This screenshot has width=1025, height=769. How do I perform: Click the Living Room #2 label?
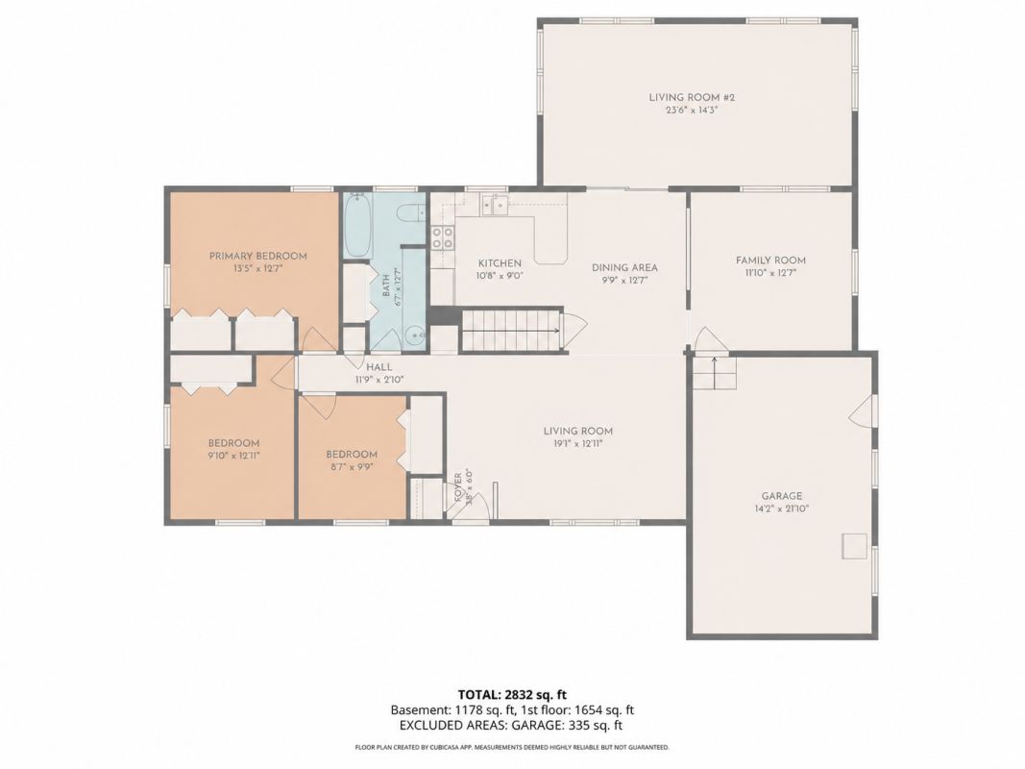click(692, 97)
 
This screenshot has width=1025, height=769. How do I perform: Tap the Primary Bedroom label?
click(257, 256)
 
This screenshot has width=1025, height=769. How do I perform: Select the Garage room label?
click(781, 496)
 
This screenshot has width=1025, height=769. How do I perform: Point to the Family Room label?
click(770, 260)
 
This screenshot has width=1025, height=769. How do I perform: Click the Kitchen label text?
click(500, 262)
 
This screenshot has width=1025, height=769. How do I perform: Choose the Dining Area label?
click(624, 267)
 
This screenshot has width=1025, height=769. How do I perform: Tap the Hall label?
click(379, 367)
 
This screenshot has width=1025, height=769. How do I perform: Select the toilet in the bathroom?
click(412, 213)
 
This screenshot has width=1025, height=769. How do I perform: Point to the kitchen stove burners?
click(443, 237)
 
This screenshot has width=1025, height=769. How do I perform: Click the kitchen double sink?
click(494, 206)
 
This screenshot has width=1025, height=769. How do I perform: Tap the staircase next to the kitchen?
click(512, 331)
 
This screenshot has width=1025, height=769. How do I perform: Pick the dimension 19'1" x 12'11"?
click(578, 443)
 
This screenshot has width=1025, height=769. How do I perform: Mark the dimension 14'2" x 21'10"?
click(781, 509)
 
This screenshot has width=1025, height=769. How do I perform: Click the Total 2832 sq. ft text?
click(512, 694)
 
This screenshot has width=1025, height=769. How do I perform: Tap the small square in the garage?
click(854, 547)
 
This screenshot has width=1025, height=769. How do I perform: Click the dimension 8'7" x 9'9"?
click(352, 467)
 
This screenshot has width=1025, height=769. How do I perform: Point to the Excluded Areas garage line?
click(510, 725)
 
